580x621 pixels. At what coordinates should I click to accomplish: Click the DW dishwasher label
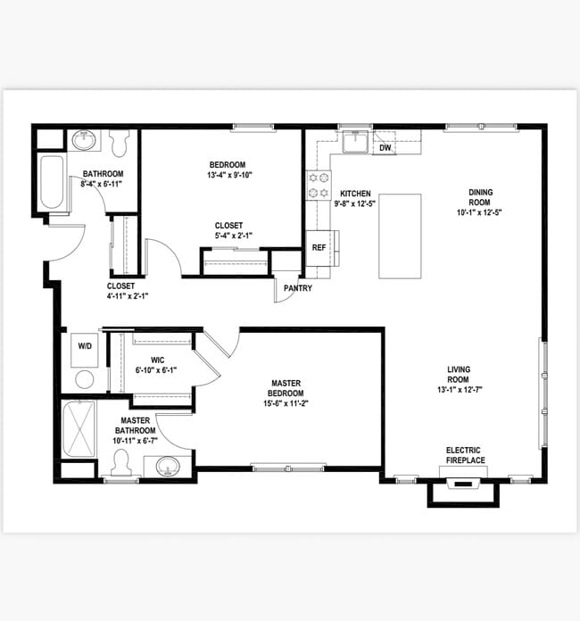tap(385, 148)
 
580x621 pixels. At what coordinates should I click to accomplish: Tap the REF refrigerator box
tap(319, 248)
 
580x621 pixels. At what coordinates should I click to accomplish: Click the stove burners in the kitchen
tap(318, 185)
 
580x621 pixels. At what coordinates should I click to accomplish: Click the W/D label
tap(85, 346)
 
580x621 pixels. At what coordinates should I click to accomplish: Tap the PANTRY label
tap(297, 289)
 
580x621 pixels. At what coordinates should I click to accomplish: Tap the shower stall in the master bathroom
tap(80, 428)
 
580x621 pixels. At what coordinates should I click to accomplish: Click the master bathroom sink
tap(166, 466)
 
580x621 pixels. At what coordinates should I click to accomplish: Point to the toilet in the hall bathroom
tap(121, 142)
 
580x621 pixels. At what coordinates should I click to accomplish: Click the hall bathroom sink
tap(85, 141)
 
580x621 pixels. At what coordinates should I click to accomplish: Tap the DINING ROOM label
tap(480, 197)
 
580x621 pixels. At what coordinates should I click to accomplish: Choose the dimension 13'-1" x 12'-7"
tap(459, 390)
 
